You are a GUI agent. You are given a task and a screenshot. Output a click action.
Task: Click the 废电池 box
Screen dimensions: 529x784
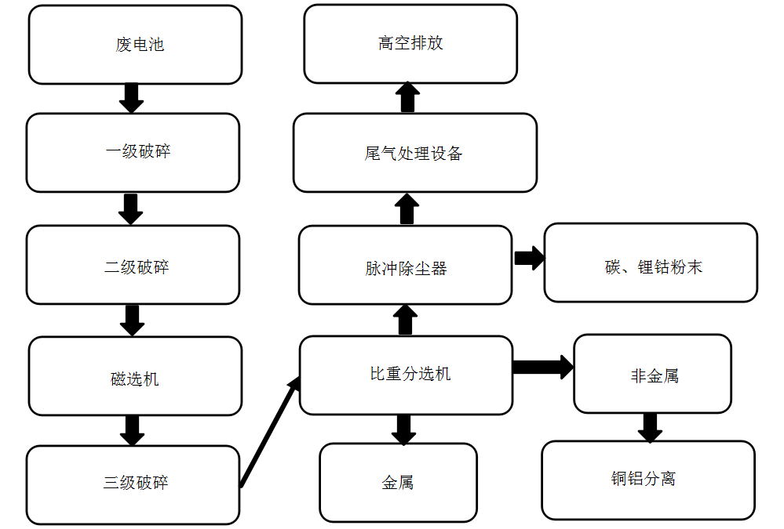[x=135, y=45]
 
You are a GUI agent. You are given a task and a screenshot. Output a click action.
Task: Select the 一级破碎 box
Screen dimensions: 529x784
[x=133, y=153]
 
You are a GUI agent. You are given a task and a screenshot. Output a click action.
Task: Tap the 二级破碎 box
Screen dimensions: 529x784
[x=133, y=265]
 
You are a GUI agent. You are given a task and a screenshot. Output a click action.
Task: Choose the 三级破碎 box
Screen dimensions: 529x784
[x=133, y=484]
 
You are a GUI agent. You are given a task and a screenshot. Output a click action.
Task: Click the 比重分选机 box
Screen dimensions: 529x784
[x=406, y=375]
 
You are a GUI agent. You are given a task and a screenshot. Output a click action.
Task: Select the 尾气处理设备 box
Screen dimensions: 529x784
[x=414, y=153]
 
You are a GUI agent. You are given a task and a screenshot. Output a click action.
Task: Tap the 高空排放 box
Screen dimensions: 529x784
[x=410, y=44]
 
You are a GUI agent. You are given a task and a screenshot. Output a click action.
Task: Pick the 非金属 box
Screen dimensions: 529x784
[x=652, y=374]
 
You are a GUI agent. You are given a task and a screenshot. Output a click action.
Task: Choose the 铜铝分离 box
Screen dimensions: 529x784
[x=648, y=480]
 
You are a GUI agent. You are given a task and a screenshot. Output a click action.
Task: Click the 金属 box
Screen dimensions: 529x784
[x=398, y=482]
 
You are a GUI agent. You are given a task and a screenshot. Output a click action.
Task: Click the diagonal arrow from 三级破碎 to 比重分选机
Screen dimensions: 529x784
[x=270, y=431]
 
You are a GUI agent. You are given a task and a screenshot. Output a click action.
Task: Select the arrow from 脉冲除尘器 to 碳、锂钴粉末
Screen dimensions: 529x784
[x=529, y=259]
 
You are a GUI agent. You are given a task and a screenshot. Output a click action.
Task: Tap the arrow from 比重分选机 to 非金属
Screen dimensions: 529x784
[x=542, y=367]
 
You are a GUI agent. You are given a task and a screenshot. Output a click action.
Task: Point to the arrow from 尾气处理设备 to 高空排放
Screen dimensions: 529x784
[x=407, y=98]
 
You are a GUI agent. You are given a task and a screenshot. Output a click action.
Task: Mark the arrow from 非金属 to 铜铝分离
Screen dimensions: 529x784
[x=650, y=427]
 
